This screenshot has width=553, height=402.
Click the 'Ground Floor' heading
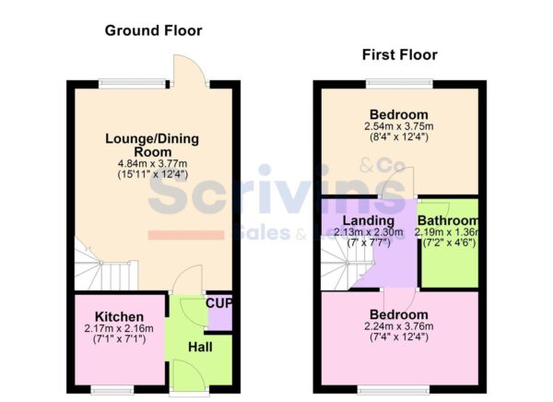[x=153, y=30]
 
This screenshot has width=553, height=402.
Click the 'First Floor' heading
[x=398, y=55]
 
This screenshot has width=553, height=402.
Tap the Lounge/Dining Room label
[x=152, y=145]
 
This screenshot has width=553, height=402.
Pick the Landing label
[x=368, y=221]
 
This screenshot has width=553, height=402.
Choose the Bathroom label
[x=448, y=221]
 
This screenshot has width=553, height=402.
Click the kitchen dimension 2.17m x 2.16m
[x=109, y=329]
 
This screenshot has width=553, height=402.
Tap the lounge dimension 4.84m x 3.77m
[x=152, y=164]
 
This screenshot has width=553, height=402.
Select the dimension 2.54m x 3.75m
[x=397, y=127]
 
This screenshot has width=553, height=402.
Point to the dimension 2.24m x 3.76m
[x=397, y=326]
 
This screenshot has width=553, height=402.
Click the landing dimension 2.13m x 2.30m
[x=368, y=233]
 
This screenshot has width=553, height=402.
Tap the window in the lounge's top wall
[x=124, y=85]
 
